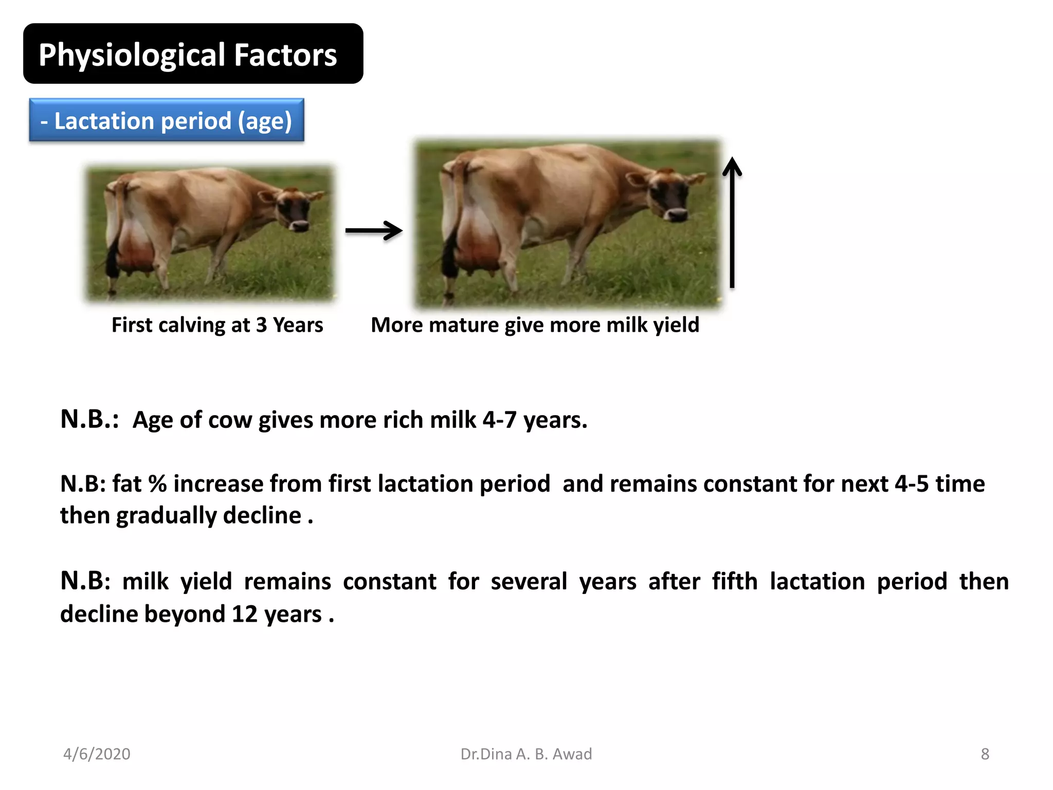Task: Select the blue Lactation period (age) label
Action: (167, 120)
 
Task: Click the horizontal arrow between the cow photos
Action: (373, 230)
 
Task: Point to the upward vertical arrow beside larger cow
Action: (732, 223)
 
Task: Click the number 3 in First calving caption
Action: (261, 325)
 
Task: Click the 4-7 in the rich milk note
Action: (499, 420)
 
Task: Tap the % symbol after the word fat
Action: (157, 483)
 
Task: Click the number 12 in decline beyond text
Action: (244, 614)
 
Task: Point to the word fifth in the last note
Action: (734, 581)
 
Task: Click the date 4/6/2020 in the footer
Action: (97, 754)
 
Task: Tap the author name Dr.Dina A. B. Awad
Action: (526, 754)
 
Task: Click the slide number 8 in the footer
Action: (985, 754)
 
